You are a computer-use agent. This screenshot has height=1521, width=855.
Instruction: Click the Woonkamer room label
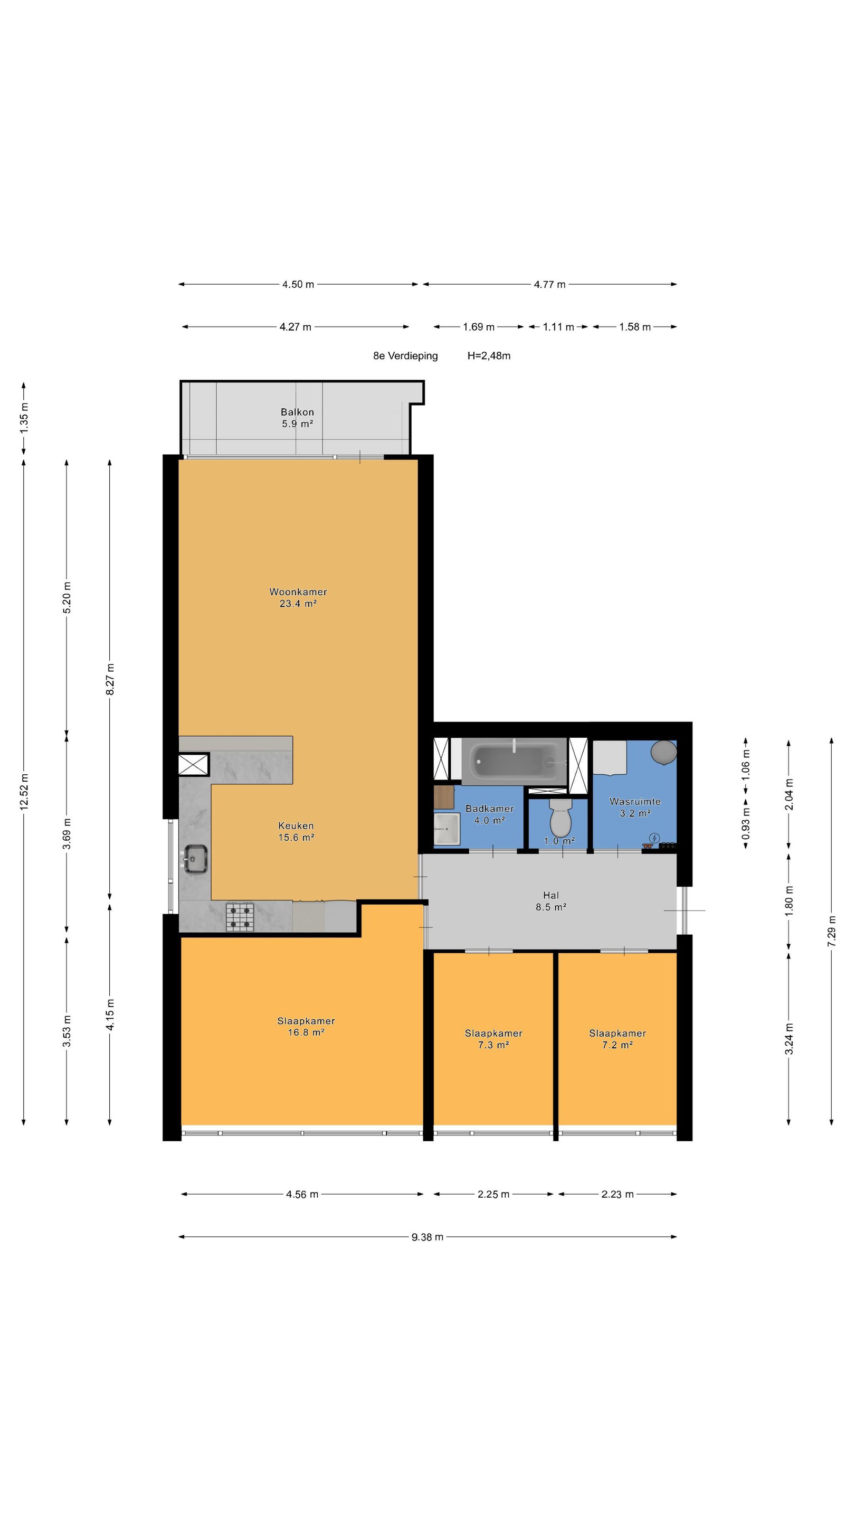(298, 591)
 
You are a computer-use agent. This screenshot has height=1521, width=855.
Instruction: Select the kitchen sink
(195, 859)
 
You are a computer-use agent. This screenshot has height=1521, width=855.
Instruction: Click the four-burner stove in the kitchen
(240, 917)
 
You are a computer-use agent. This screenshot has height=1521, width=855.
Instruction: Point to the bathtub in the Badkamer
(515, 760)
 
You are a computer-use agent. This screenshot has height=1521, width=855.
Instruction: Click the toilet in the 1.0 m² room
(560, 816)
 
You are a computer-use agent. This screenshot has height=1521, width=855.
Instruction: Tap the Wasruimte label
(635, 801)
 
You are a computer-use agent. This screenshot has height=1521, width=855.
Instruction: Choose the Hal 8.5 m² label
(551, 901)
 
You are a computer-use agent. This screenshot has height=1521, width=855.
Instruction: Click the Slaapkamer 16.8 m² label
(306, 1026)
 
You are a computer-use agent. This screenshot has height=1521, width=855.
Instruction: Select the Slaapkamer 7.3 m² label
(493, 1039)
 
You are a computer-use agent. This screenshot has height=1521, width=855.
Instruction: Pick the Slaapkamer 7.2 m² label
(617, 1039)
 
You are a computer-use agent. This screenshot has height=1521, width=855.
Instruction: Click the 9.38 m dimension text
(427, 1237)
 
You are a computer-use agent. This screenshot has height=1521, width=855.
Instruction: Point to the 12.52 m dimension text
(24, 792)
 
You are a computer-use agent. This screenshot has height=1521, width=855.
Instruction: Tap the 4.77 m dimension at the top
(549, 284)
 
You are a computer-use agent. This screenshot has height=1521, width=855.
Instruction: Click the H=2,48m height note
(489, 355)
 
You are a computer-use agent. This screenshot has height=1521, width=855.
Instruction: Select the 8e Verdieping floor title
(405, 355)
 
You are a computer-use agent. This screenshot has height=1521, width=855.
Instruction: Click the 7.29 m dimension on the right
(832, 931)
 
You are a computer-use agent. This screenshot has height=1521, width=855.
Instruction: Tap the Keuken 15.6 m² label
(296, 831)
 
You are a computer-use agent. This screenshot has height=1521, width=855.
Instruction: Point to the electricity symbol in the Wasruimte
(654, 838)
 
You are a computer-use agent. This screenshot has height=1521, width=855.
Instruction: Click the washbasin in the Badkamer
(446, 829)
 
